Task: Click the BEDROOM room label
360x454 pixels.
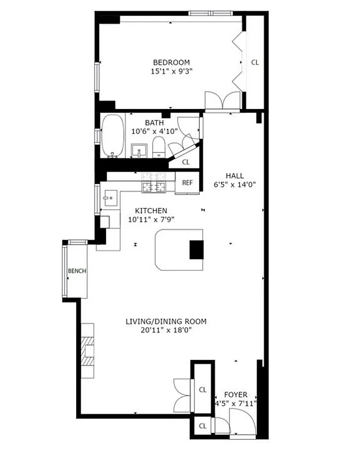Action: click(x=170, y=62)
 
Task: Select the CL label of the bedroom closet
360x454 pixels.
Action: click(x=255, y=62)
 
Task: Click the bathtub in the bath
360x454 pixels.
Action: click(x=112, y=135)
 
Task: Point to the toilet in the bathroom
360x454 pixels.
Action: click(x=158, y=149)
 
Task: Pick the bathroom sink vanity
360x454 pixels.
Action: click(x=140, y=150)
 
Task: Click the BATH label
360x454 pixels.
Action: click(x=154, y=122)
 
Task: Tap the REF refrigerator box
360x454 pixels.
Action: click(x=187, y=183)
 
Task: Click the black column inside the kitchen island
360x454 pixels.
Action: click(x=196, y=249)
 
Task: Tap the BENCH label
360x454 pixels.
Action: click(x=77, y=271)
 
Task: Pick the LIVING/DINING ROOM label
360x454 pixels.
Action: click(x=166, y=321)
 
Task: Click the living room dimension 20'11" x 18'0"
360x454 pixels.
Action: click(x=166, y=330)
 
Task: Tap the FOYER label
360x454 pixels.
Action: click(x=235, y=394)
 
